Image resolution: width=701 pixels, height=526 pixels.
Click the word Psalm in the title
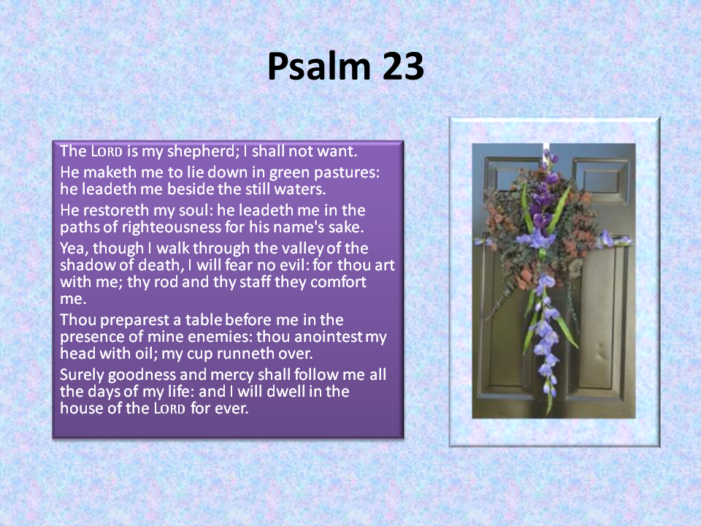[x=319, y=66]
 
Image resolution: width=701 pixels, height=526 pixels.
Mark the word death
[x=160, y=265]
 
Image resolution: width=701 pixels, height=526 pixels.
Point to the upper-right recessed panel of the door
[x=600, y=180]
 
